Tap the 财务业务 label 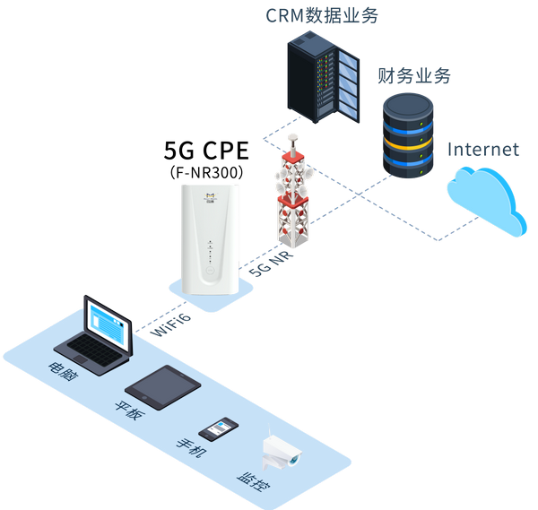412,75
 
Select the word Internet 482,149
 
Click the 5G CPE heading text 205,149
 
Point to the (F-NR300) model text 206,170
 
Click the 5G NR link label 273,260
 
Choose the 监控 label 253,484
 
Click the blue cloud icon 485,200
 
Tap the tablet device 162,386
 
